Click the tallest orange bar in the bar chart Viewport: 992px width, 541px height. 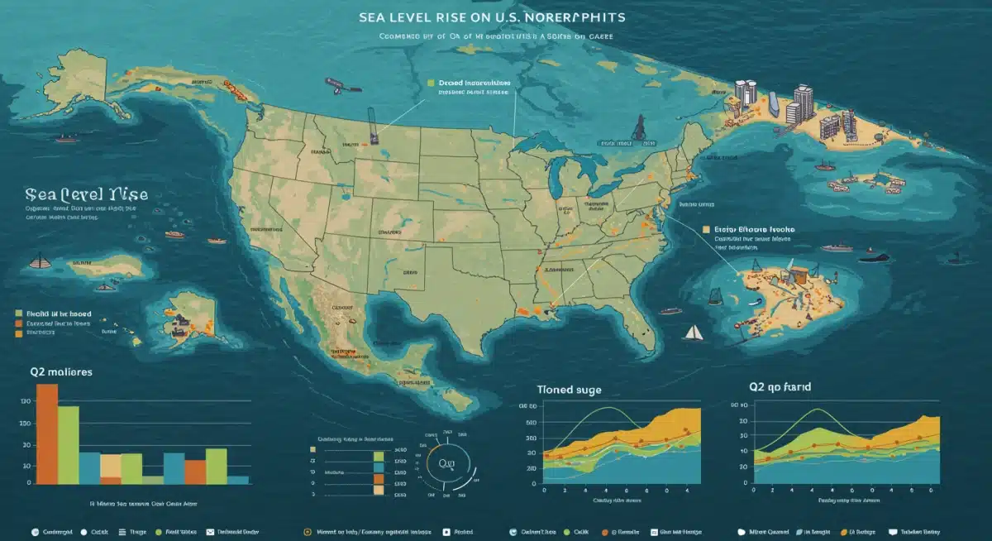[x=47, y=433]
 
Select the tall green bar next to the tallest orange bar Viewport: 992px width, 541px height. [x=69, y=444]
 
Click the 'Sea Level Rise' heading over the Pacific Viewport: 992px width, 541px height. [x=87, y=194]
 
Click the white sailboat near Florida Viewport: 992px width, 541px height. [x=692, y=333]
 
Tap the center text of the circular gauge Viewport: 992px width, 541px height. [x=447, y=463]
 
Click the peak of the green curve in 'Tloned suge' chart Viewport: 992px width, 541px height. [x=609, y=408]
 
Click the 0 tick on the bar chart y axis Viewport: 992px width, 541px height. [x=29, y=482]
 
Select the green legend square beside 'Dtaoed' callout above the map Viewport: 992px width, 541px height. [x=431, y=84]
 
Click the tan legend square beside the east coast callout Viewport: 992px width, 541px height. [x=705, y=230]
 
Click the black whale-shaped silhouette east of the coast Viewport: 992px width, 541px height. [x=874, y=258]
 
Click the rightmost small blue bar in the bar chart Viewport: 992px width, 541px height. [x=238, y=479]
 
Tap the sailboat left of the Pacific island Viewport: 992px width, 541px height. [x=38, y=262]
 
